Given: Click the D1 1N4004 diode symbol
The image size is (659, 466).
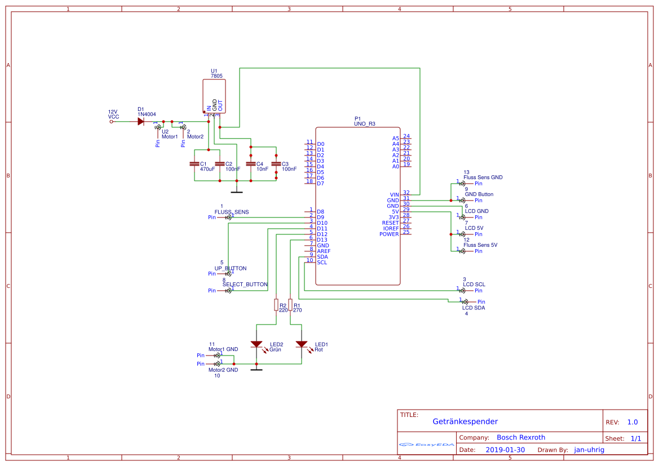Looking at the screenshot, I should click(141, 121).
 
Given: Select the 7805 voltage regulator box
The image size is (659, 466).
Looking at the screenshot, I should click(214, 96).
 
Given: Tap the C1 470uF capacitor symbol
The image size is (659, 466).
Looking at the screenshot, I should click(194, 164).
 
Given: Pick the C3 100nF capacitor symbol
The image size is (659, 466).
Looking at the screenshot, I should click(276, 164).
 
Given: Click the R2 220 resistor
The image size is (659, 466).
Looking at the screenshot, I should click(276, 305).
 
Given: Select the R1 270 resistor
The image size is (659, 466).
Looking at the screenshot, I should click(290, 305).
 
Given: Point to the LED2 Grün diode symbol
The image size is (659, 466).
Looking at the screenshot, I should click(256, 344).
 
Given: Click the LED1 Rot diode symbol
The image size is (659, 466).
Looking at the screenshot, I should click(302, 344).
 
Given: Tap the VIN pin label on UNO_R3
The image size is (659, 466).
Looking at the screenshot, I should click(393, 195).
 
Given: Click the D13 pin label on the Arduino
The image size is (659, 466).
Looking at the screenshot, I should click(322, 240).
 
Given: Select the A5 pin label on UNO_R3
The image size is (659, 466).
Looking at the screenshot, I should click(395, 139).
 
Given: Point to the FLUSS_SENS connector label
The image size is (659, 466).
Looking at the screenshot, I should click(231, 212).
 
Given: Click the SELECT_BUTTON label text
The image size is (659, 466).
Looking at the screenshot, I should click(245, 285).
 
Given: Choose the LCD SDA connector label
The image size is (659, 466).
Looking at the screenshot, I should click(474, 308).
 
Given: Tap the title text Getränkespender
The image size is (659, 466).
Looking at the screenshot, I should click(465, 421).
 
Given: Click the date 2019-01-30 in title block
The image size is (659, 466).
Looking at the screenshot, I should click(505, 450).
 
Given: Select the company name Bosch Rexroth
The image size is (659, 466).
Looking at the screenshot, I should click(521, 437).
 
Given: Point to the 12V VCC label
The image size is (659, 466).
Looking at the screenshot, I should click(113, 114).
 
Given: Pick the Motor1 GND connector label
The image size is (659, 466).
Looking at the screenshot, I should click(223, 349).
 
